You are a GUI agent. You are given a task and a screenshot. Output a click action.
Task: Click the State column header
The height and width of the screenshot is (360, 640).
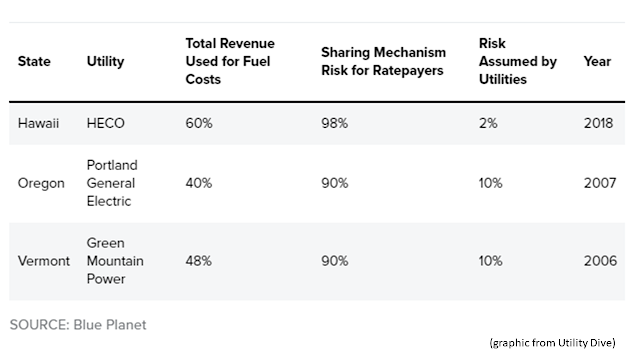pos(34,61)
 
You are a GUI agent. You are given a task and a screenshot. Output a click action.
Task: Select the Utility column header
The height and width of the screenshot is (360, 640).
pos(105,62)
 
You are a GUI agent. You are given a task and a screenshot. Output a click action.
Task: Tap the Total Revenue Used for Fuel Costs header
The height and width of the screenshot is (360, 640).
pos(230,61)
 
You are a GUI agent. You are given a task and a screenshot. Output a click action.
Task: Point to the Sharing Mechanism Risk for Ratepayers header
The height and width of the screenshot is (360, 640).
pos(383,61)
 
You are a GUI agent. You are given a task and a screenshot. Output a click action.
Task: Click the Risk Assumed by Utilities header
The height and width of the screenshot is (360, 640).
pos(518,61)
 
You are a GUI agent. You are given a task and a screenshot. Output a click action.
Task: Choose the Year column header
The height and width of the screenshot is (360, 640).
pos(597,61)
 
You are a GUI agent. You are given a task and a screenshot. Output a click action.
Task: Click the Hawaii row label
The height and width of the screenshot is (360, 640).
pos(38,123)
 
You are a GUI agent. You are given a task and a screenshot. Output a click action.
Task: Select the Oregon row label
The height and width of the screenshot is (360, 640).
pos(41,183)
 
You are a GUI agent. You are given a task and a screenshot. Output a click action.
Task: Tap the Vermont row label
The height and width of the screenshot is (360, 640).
pos(44,261)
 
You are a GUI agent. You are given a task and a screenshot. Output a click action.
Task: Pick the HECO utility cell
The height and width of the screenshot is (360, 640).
pos(105,123)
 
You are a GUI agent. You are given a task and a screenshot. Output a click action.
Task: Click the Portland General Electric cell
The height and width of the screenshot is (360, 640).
pos(112,183)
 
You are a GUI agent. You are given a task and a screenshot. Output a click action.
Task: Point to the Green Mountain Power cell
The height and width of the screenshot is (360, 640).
pos(115,261)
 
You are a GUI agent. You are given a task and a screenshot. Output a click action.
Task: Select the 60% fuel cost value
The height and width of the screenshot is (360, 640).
pos(199,123)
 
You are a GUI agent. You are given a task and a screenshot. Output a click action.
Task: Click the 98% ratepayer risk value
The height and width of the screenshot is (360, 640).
pos(335,123)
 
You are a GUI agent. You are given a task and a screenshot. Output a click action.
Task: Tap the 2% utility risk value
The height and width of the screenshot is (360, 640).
pos(488,123)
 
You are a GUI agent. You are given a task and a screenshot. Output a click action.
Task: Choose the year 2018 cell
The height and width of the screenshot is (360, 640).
pos(598,123)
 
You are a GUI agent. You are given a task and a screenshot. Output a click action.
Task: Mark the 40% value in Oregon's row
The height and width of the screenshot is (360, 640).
pos(199,183)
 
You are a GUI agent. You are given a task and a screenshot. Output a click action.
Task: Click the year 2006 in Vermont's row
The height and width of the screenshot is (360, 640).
pos(600,261)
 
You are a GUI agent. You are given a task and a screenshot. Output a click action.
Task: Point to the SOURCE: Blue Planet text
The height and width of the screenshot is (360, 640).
pos(78,325)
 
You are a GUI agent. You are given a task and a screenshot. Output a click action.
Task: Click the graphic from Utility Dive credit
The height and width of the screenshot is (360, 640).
pos(553,343)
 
